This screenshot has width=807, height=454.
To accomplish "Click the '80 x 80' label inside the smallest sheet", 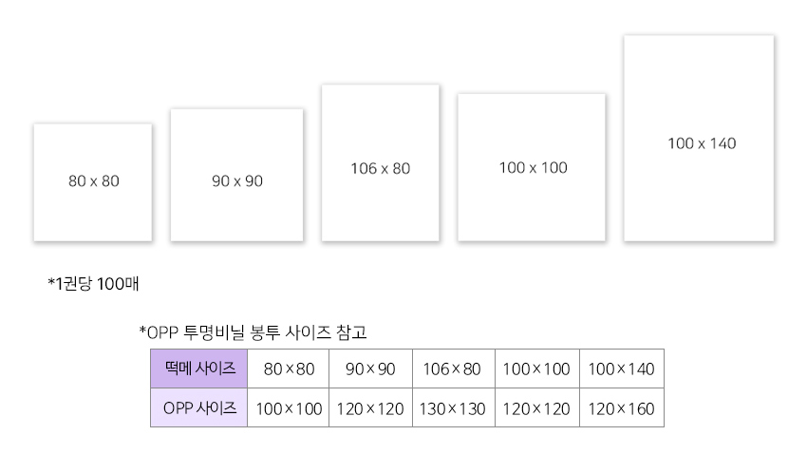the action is tap(94, 181).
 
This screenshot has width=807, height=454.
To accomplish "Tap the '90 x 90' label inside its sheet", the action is tap(237, 181).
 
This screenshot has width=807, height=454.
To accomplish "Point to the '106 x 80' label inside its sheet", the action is tap(381, 168).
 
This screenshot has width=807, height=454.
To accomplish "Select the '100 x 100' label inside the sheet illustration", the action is tap(534, 168).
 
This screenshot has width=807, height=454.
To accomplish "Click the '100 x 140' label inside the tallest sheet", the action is tap(702, 143).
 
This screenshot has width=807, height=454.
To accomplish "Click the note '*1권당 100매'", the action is tap(93, 284).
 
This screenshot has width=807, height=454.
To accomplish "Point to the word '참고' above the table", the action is tap(351, 332).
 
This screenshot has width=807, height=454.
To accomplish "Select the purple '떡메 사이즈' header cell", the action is tap(198, 369).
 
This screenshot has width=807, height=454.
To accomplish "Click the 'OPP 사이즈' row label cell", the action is tap(198, 407).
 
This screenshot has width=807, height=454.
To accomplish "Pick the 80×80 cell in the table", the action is tap(289, 369).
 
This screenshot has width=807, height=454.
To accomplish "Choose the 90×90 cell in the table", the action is tap(370, 369).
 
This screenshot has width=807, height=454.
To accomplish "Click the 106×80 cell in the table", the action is tap(454, 369).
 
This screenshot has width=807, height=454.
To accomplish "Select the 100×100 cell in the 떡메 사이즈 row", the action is tap(537, 369).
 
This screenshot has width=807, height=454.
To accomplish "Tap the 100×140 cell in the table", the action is tap(622, 369).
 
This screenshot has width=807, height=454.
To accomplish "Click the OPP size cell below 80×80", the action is tap(289, 407).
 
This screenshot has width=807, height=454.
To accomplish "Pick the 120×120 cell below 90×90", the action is tap(370, 407).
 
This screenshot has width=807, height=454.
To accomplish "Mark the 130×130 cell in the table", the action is tap(454, 407).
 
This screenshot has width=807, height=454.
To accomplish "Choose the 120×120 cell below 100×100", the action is tap(537, 407).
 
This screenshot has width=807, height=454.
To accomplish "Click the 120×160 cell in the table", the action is tap(622, 407).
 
